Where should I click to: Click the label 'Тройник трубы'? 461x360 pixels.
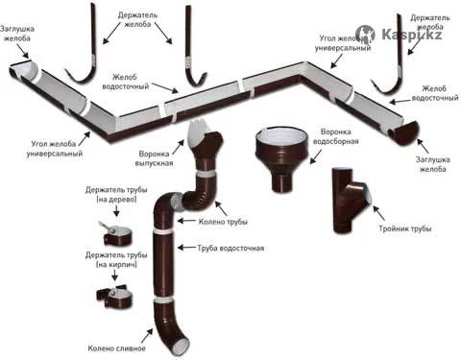point(405,228)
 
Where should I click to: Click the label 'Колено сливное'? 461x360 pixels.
point(116,348)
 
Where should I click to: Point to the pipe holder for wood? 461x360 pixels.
point(116,233)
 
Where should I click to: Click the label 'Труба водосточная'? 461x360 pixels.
point(230,248)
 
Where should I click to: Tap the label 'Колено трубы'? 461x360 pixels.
point(223,222)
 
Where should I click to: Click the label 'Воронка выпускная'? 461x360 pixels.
point(154,158)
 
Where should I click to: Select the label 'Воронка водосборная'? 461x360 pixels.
point(335,136)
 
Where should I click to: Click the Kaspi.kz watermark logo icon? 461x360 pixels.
point(365,35)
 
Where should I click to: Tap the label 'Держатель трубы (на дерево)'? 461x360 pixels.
point(116,194)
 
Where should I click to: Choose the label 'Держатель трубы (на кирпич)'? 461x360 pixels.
point(116,259)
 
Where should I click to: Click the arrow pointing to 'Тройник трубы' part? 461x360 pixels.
point(378,213)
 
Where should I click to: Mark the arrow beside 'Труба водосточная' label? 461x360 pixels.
point(186,248)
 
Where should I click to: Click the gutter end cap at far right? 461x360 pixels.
point(405,132)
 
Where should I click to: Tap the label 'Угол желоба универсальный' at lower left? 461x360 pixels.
point(55,149)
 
